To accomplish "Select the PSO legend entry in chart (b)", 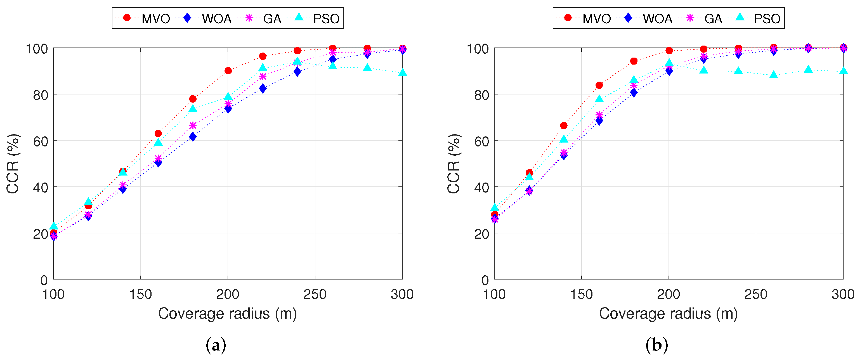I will coord(758,18).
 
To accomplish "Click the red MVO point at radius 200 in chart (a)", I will coord(228,71).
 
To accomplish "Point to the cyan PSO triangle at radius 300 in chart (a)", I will coord(402,72).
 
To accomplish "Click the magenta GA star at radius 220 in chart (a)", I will coord(263,76).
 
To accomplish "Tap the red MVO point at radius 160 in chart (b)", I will coord(599,85).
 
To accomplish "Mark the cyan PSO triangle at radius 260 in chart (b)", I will coord(773,75).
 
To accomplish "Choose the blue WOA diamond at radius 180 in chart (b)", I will coord(634,93).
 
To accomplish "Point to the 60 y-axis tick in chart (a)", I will coord(41,141).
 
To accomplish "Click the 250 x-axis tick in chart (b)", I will coord(755,294).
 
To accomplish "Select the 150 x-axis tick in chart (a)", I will coord(141,294).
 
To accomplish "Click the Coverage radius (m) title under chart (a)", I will coord(228,314).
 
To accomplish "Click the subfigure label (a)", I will coord(216,345).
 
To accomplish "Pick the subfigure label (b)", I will coord(656,345).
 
